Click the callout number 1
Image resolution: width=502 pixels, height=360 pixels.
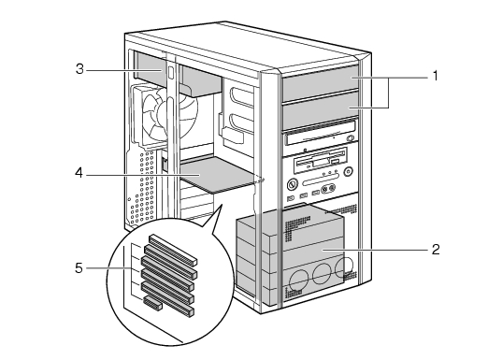[435, 77]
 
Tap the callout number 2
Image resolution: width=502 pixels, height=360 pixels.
[436, 250]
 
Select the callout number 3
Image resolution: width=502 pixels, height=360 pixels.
[79, 69]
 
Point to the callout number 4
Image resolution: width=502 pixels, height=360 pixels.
[79, 173]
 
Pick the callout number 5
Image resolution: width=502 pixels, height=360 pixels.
[79, 268]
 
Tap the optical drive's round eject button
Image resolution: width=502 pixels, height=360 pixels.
[351, 138]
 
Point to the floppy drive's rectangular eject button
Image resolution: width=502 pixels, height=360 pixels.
[336, 162]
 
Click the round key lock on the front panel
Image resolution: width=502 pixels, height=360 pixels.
[293, 184]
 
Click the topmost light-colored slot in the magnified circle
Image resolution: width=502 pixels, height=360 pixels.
[173, 250]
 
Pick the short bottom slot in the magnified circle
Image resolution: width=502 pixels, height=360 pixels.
[152, 303]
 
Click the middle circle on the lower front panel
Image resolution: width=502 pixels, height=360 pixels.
[322, 274]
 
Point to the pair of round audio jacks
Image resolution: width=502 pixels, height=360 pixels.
[328, 189]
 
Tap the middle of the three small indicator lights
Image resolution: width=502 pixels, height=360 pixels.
[330, 173]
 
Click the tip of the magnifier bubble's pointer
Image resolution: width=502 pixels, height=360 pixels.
[222, 205]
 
